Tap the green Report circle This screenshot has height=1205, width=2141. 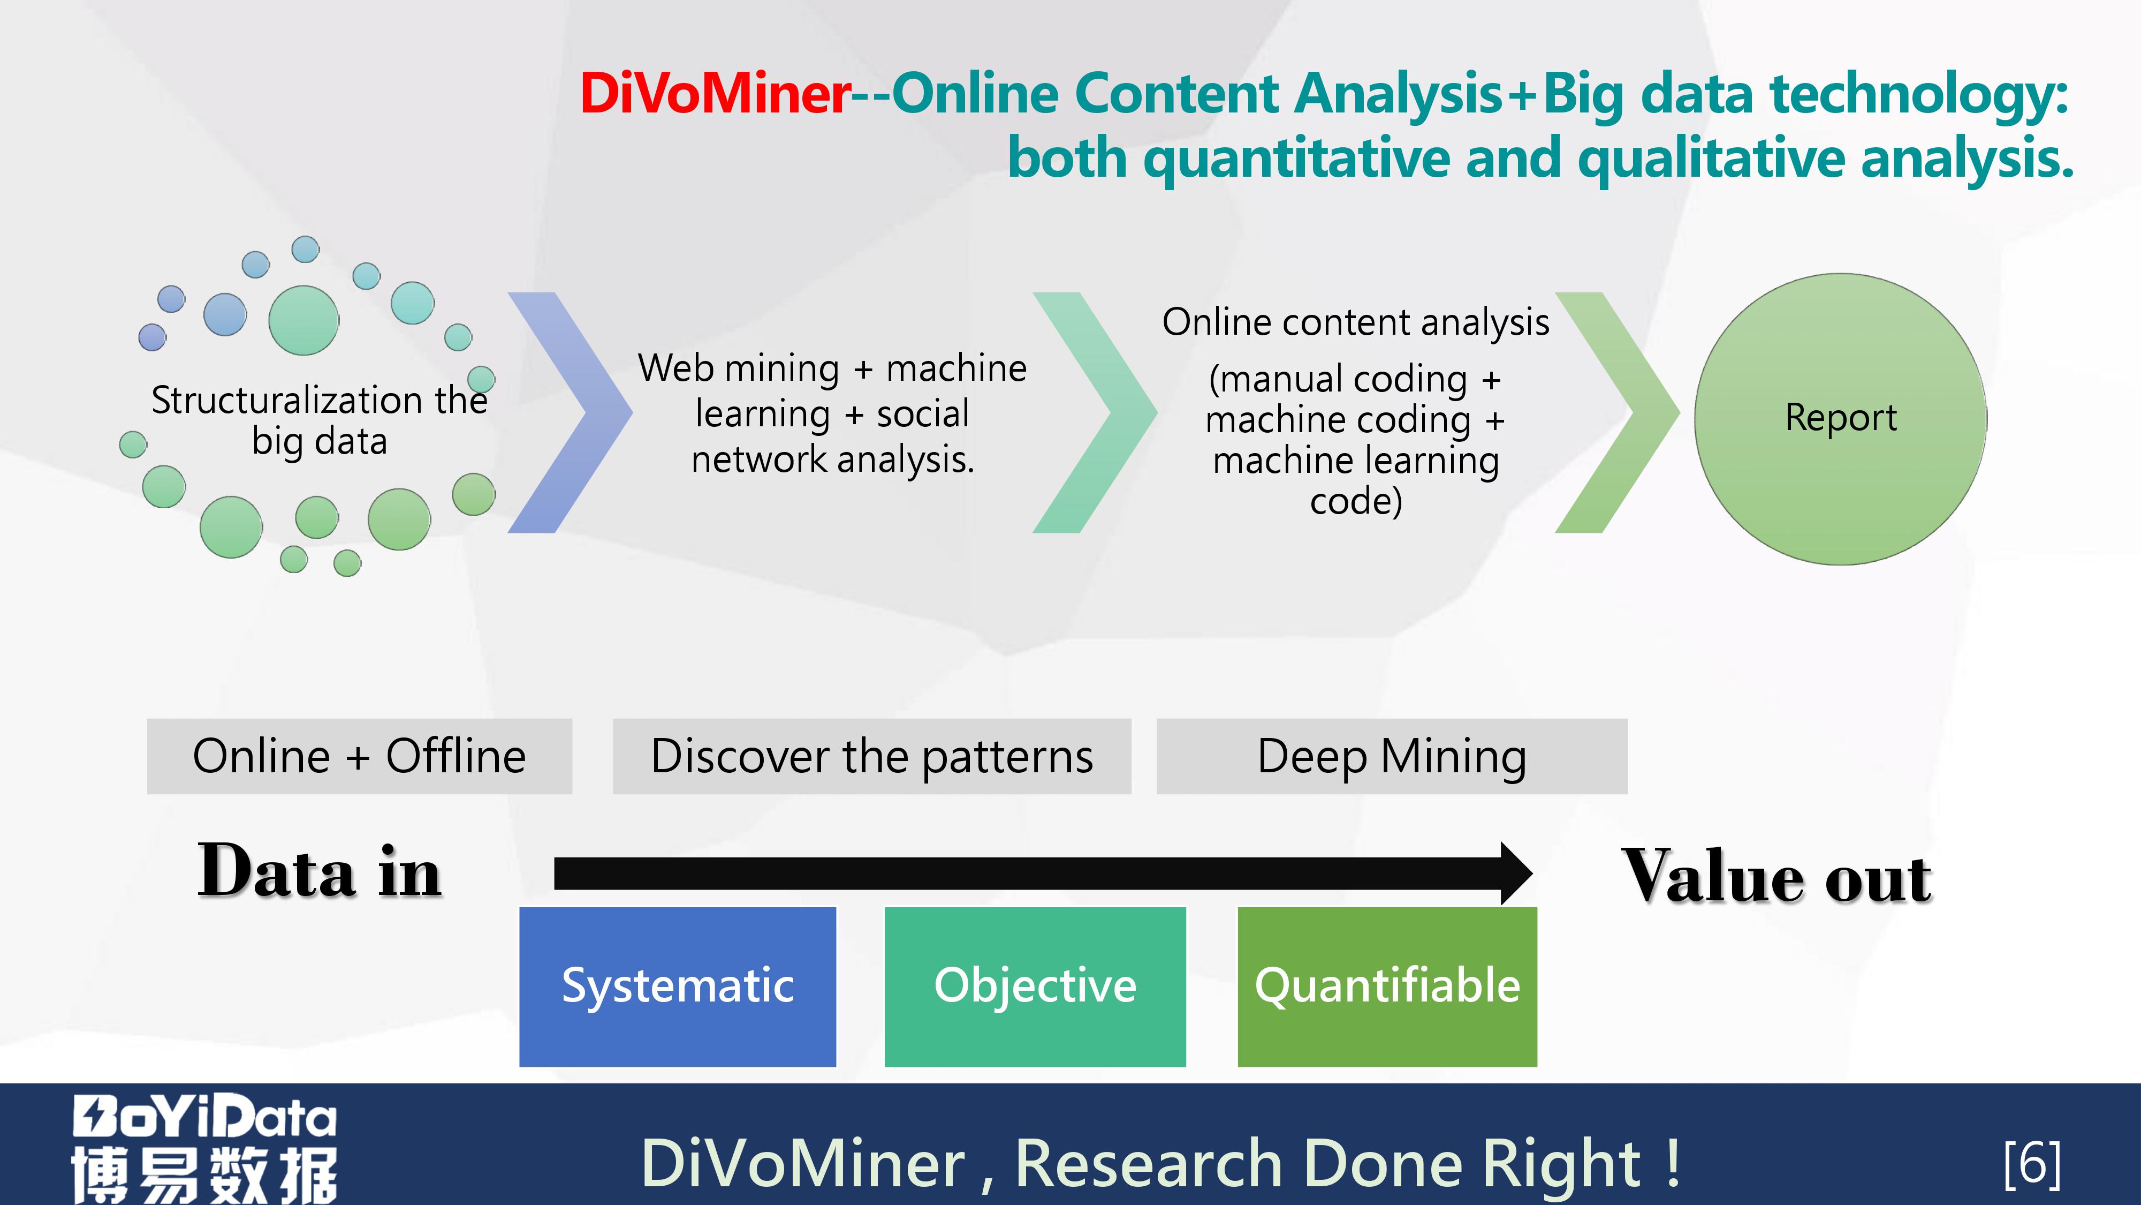point(1841,419)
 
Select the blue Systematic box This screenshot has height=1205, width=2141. point(678,986)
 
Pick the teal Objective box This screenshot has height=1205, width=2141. point(1035,986)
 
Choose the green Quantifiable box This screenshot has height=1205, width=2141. point(1387,986)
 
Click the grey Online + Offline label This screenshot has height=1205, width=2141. point(359,756)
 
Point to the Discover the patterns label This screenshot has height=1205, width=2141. point(872,756)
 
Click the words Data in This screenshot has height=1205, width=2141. point(320,871)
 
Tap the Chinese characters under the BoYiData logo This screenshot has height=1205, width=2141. point(204,1174)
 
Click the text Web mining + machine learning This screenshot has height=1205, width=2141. point(832,391)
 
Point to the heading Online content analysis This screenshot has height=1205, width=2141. point(1356,322)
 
